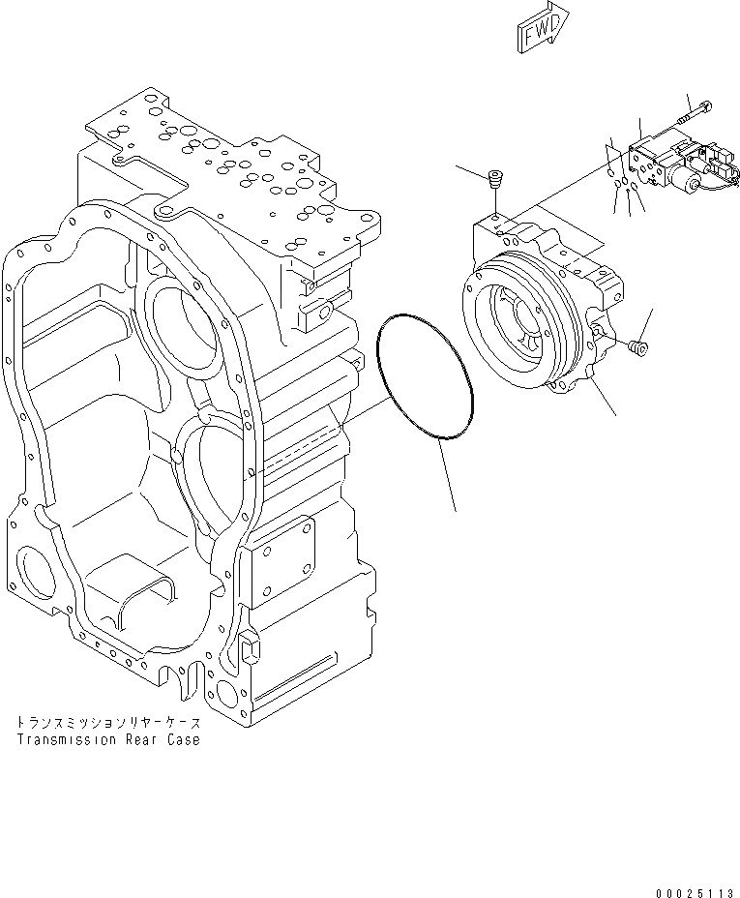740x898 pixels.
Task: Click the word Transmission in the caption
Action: [66, 739]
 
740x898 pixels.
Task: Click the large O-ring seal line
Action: [424, 378]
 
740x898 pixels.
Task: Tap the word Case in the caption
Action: [184, 739]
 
